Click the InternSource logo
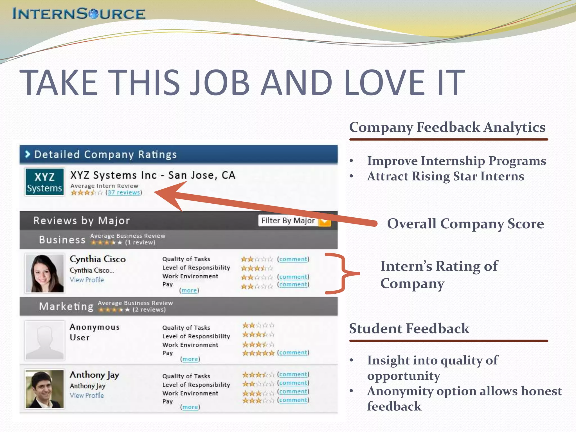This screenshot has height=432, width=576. coord(79,13)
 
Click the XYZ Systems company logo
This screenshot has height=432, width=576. coord(44,182)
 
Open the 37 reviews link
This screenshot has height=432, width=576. coord(124,193)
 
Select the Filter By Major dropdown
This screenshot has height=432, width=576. coord(294,221)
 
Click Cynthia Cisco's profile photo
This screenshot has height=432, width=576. coord(44,273)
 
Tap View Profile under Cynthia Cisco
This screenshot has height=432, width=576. coord(87,280)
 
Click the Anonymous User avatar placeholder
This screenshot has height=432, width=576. coord(44,340)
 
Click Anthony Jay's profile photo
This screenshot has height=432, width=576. coord(44,389)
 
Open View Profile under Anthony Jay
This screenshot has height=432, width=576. coord(87,396)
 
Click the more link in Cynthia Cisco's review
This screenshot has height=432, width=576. coord(189,291)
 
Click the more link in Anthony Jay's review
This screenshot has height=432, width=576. coord(190,407)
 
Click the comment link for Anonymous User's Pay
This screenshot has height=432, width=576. coord(293,353)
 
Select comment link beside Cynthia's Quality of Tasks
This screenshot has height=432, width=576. coord(293,259)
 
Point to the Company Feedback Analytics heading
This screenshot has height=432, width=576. coord(447,127)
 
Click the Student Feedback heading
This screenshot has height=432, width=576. coord(409,328)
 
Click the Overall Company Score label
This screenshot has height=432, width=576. coord(465,224)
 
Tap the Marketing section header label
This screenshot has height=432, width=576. coord(66,306)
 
